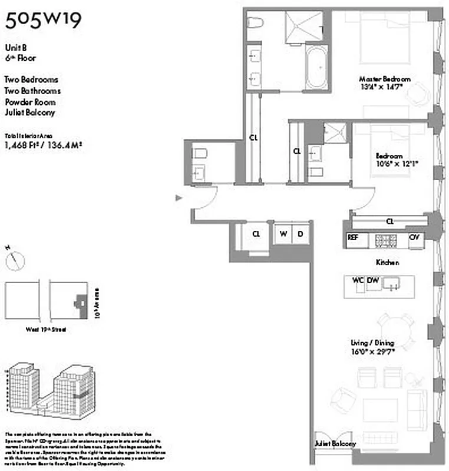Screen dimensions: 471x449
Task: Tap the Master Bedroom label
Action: tap(385, 79)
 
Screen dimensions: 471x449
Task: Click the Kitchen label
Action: tap(388, 262)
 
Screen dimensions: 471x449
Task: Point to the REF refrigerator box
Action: tap(353, 237)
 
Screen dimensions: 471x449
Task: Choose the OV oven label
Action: tap(414, 237)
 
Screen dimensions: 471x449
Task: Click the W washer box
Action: tap(283, 234)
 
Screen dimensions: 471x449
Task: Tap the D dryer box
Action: tap(300, 234)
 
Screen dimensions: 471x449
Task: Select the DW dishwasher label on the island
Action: tap(373, 281)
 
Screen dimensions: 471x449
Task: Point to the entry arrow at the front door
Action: tap(179, 198)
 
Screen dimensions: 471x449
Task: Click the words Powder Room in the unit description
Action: tap(30, 102)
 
